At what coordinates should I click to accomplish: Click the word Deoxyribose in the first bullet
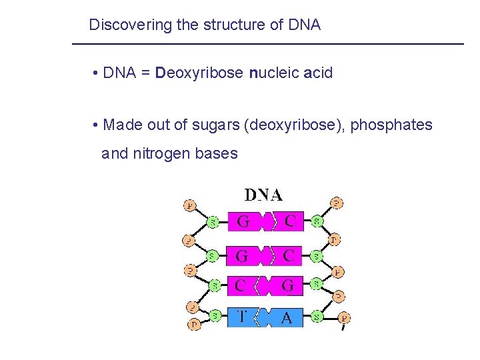click(199, 73)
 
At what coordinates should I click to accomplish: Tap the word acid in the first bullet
click(318, 73)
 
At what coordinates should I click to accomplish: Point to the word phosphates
click(391, 125)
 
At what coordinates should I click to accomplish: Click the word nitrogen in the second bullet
click(160, 153)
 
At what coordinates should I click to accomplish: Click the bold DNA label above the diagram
click(263, 195)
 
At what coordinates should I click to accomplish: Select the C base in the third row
click(242, 286)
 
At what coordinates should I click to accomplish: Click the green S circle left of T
click(215, 314)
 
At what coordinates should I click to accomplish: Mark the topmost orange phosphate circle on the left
click(189, 205)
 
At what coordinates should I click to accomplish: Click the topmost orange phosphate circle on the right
click(338, 203)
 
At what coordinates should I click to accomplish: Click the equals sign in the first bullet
click(145, 73)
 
